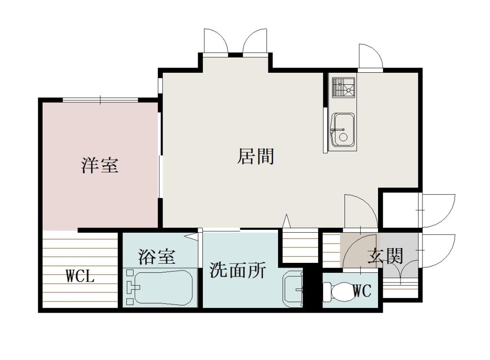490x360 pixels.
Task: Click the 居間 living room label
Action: [256, 157]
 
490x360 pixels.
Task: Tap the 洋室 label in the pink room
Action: [99, 166]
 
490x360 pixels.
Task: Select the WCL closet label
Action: [80, 277]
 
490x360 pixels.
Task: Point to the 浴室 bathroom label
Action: [156, 257]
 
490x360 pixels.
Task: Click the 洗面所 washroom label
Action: [238, 271]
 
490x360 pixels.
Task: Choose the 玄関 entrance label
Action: [385, 257]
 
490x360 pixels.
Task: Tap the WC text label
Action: [362, 291]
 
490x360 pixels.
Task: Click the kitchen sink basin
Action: [343, 129]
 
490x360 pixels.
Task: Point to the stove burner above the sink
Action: [344, 88]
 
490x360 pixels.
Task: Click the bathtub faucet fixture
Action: [131, 288]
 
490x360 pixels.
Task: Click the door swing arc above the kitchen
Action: [371, 57]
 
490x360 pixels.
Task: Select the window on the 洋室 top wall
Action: [100, 100]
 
